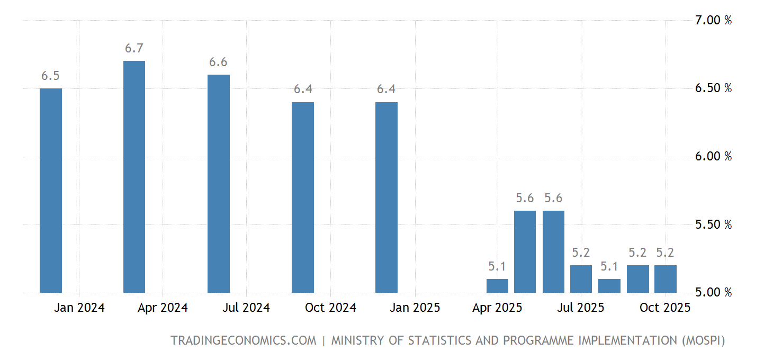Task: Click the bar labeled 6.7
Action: (x=134, y=177)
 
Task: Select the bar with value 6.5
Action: (x=51, y=191)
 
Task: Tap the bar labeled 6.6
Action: (x=218, y=184)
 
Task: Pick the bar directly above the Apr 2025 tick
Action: (x=497, y=286)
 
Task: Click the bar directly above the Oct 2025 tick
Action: (x=666, y=279)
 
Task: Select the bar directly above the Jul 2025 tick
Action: (x=581, y=279)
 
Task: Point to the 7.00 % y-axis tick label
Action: (x=713, y=21)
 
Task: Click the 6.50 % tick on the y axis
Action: (x=713, y=88)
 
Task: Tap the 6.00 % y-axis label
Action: (x=713, y=157)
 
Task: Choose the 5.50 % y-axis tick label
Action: (x=713, y=224)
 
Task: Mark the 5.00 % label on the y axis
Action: (x=713, y=292)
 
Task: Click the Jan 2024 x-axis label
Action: (x=79, y=308)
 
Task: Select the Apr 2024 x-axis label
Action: (x=163, y=308)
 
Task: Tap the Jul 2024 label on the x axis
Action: (x=246, y=308)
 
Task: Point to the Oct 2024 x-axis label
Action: (x=330, y=308)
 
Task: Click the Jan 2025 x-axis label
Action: (x=415, y=308)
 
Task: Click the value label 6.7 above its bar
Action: (x=134, y=49)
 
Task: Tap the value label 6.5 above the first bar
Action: (x=50, y=76)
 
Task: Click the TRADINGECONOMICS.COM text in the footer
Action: (x=243, y=340)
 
